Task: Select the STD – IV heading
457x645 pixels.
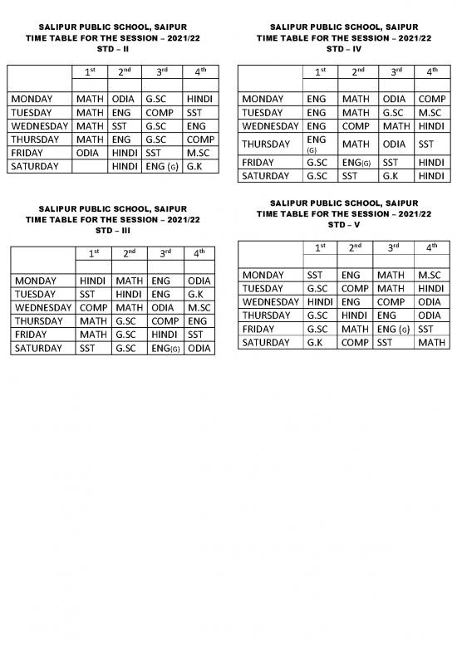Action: [x=343, y=49]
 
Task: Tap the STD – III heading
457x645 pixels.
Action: [x=112, y=230]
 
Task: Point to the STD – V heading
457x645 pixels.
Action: [x=343, y=225]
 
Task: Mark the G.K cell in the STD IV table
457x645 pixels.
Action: [x=396, y=176]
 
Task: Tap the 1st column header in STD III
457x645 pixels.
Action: [x=93, y=253]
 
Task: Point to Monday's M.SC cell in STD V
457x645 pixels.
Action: [x=431, y=275]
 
